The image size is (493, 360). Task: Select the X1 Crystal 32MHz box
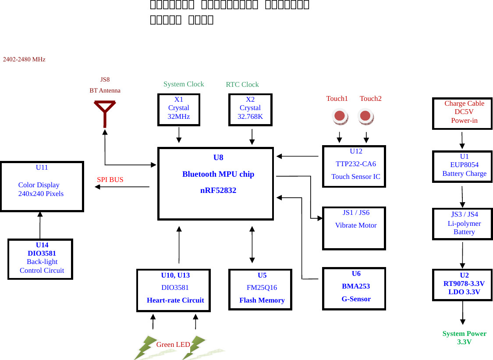pyautogui.click(x=179, y=110)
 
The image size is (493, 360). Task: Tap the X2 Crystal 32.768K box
pyautogui.click(x=250, y=110)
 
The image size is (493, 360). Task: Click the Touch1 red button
pyautogui.click(x=339, y=116)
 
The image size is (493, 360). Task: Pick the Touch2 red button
pyautogui.click(x=365, y=116)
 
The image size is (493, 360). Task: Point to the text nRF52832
pyautogui.click(x=218, y=190)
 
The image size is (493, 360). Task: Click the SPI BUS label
pyautogui.click(x=110, y=180)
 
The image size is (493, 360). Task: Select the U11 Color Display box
pyautogui.click(x=42, y=186)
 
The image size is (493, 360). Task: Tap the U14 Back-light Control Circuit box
pyautogui.click(x=40, y=259)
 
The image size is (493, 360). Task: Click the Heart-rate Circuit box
pyautogui.click(x=174, y=290)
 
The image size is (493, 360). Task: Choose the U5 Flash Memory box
pyautogui.click(x=260, y=290)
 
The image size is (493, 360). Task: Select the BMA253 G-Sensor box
pyautogui.click(x=354, y=289)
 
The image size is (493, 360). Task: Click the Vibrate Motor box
pyautogui.click(x=354, y=228)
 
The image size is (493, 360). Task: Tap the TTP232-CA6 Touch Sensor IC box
pyautogui.click(x=354, y=166)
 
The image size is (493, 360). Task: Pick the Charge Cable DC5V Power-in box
pyautogui.click(x=462, y=114)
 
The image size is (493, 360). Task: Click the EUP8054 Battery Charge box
pyautogui.click(x=462, y=167)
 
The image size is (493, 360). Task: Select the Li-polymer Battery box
pyautogui.click(x=462, y=224)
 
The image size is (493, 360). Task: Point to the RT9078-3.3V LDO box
pyautogui.click(x=462, y=285)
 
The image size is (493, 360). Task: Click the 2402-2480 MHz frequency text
pyautogui.click(x=24, y=59)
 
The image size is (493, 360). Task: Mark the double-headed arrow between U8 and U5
pyautogui.click(x=252, y=245)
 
